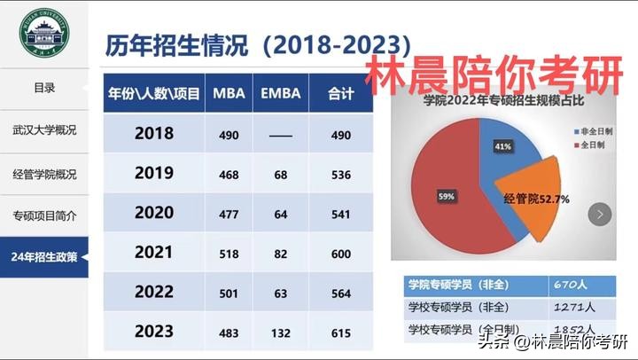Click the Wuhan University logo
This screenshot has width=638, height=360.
[43, 33]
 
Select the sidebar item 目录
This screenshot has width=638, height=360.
[44, 87]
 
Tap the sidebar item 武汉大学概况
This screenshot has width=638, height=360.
[44, 130]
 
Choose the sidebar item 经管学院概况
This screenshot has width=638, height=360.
[44, 173]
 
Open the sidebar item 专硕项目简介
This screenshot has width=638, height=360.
[44, 215]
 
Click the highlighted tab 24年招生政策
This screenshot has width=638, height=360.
[44, 258]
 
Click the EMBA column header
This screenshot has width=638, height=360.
[281, 93]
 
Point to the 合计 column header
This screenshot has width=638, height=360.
[341, 93]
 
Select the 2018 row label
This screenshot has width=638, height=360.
[153, 134]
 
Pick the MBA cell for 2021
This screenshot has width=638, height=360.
[230, 254]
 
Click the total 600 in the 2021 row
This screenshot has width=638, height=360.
[341, 254]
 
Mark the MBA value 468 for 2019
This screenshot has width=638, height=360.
[230, 174]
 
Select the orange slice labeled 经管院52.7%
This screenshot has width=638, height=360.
[536, 200]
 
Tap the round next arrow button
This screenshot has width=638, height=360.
[602, 214]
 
